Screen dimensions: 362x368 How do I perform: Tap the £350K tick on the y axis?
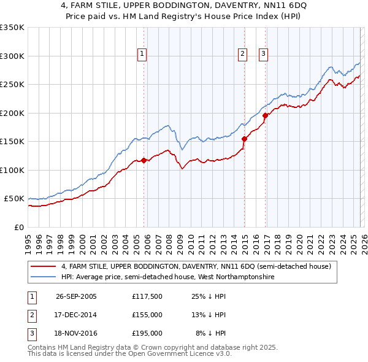click(x=12, y=28)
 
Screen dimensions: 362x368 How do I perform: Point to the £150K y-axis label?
click(x=12, y=141)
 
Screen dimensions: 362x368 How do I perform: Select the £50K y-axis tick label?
click(x=15, y=199)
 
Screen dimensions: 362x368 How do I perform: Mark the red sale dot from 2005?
click(x=144, y=161)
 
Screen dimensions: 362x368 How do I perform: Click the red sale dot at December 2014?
click(x=244, y=139)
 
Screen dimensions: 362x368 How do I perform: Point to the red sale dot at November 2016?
click(x=265, y=115)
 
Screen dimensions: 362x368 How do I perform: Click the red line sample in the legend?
click(x=44, y=267)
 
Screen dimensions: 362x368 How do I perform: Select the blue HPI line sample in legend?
click(x=44, y=277)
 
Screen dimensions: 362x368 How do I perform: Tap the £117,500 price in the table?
click(x=147, y=296)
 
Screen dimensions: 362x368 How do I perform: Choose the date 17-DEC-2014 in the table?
click(x=76, y=315)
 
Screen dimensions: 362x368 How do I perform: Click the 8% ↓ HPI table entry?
click(x=210, y=333)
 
